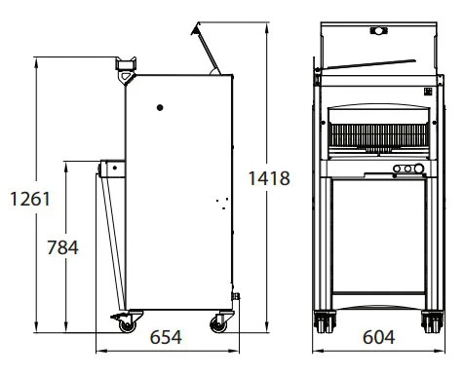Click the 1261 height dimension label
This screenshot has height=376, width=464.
30,199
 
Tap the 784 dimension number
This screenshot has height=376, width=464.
62,247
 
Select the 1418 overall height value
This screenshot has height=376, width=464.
269,178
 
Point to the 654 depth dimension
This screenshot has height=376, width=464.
166,337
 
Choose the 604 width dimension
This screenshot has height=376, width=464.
379,337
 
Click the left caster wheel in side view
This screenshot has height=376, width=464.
127,325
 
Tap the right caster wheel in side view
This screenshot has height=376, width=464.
218,324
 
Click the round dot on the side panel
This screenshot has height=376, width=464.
160,107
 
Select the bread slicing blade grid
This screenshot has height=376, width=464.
378,134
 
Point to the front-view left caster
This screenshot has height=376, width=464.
325,321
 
